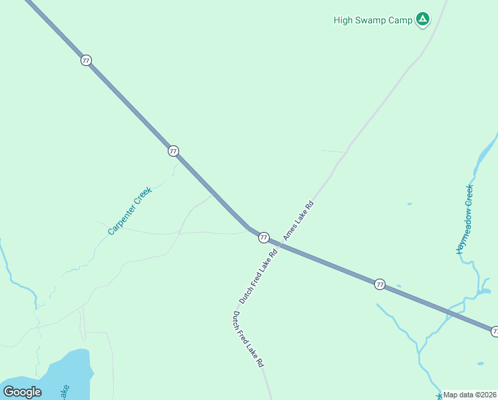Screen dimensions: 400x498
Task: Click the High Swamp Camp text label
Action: click(373, 20)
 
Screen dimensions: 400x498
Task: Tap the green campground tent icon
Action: click(422, 19)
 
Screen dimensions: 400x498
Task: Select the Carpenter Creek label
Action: click(130, 211)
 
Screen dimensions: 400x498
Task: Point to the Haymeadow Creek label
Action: click(464, 219)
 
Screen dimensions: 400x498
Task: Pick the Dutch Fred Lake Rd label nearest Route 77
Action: click(258, 277)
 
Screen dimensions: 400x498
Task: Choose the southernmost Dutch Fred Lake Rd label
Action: click(248, 339)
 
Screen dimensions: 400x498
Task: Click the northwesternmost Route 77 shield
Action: click(86, 60)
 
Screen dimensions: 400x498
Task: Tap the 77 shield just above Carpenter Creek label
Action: click(173, 151)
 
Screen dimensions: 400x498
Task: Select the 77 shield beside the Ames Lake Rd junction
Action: click(264, 237)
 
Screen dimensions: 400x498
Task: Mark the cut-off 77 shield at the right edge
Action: click(495, 331)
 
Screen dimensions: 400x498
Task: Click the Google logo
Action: click(22, 392)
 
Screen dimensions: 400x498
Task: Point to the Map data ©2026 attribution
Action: click(470, 395)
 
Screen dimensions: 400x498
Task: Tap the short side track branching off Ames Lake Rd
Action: click(333, 151)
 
